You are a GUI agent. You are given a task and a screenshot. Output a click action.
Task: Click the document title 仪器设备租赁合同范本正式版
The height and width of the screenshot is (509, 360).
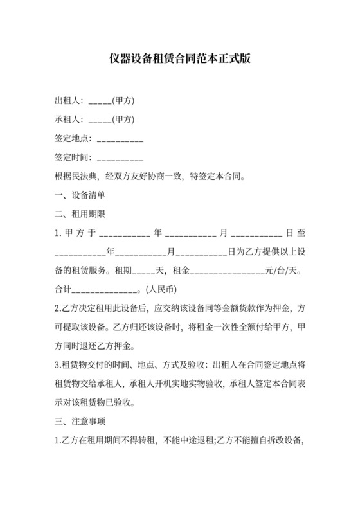[x=179, y=58]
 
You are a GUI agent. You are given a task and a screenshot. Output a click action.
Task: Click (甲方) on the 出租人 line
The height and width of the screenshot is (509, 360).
[x=123, y=101]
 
